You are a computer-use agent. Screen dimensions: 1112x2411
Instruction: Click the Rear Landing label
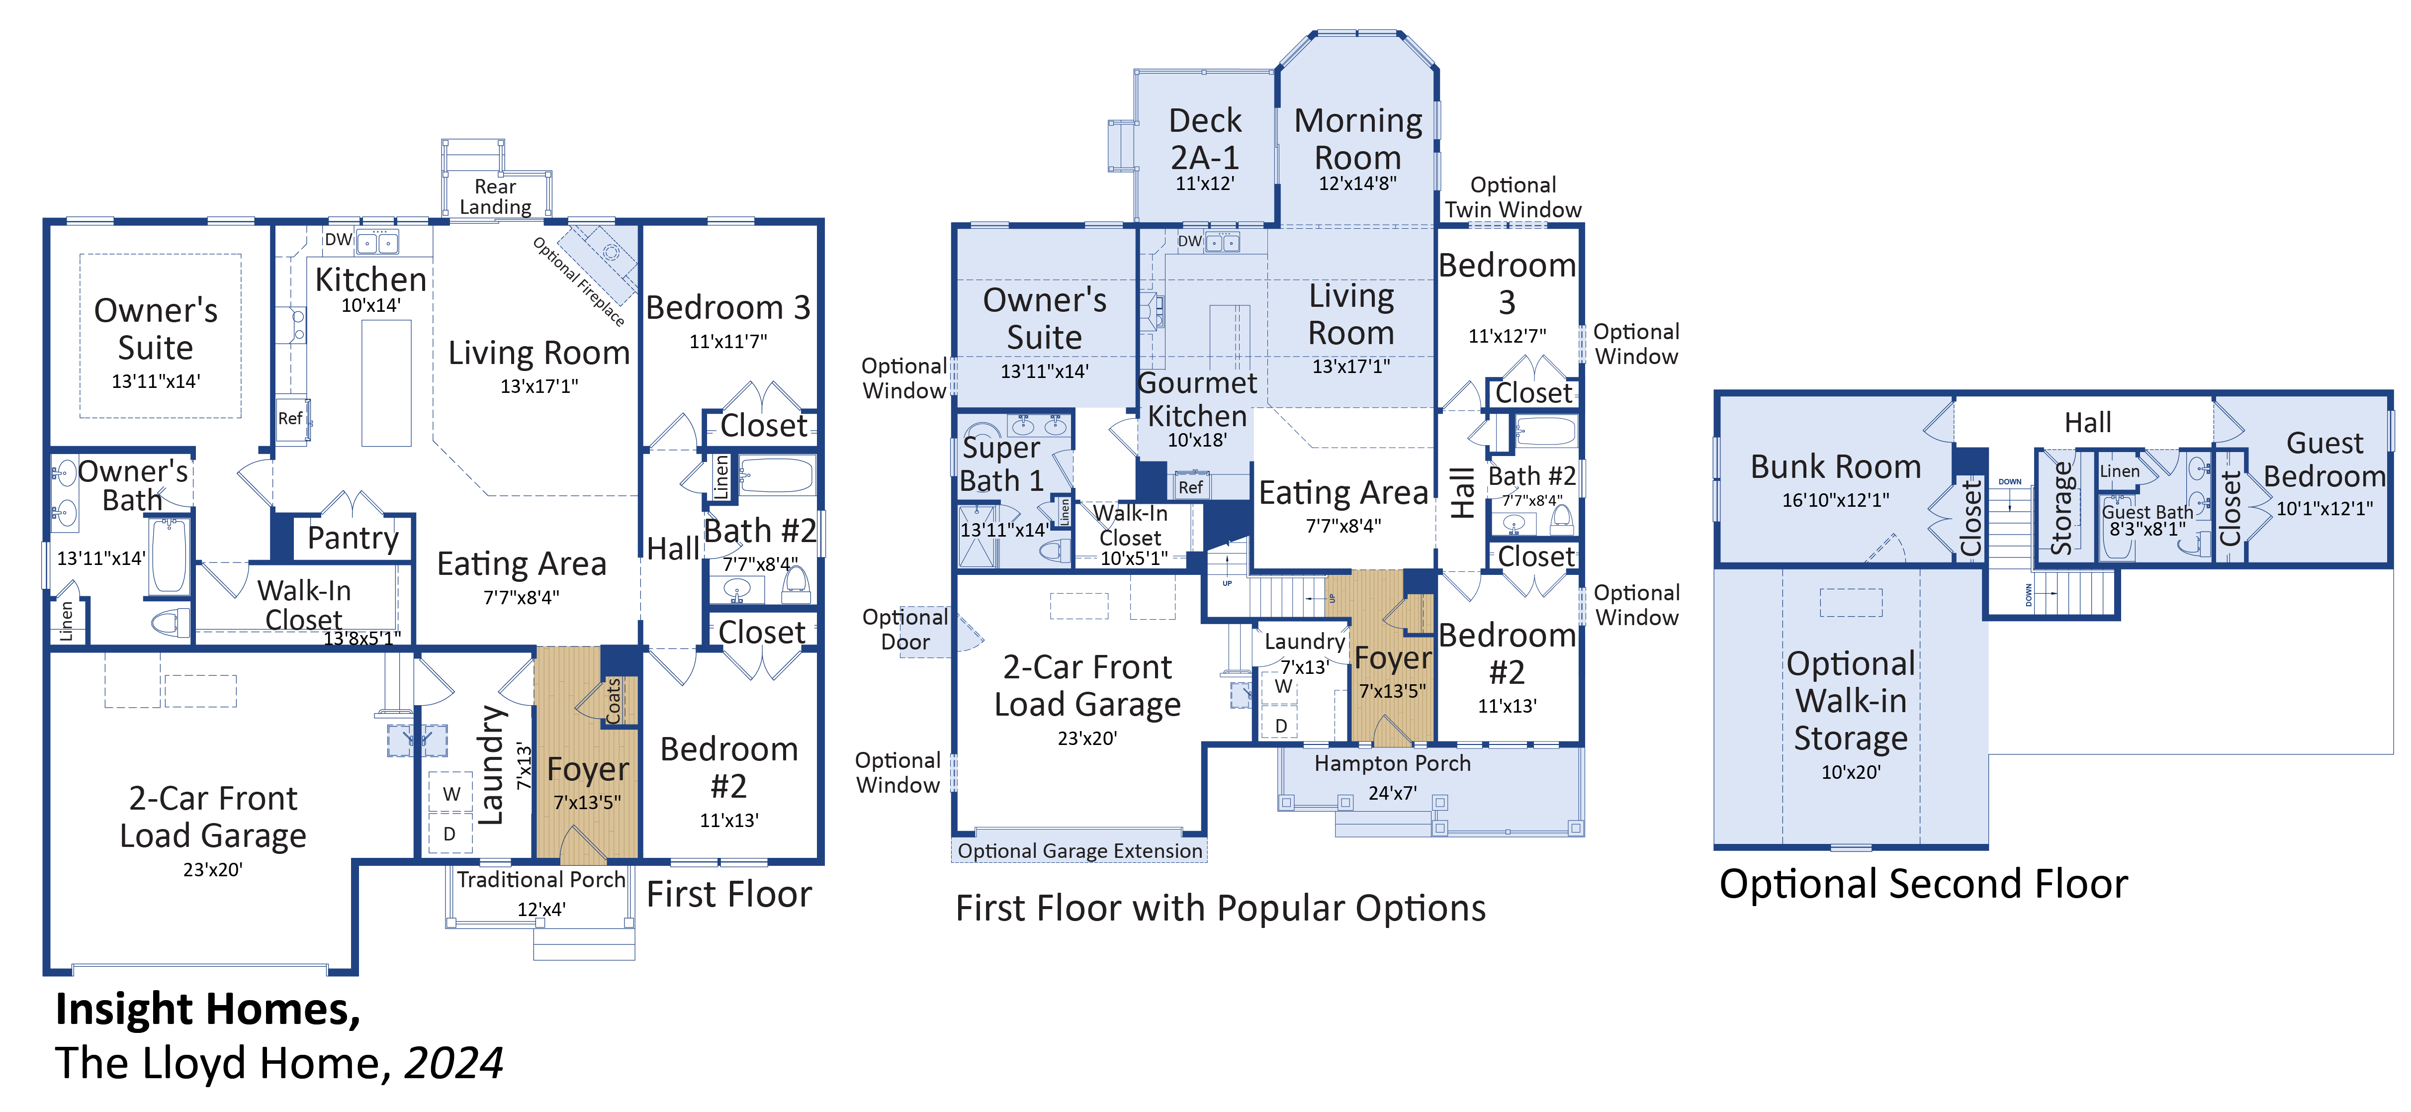point(495,196)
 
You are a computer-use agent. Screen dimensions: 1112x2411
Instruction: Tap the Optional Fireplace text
point(578,281)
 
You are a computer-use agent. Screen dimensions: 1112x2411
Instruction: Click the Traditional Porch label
point(541,880)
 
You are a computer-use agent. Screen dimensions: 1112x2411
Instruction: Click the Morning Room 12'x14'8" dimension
point(1357,184)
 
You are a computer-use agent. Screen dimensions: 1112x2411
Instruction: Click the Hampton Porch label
point(1392,764)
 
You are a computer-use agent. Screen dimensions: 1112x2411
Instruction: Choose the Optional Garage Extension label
point(1079,851)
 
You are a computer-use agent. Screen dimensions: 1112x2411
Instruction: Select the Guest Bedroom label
point(2324,460)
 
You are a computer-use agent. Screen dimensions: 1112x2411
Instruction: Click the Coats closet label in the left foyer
point(614,700)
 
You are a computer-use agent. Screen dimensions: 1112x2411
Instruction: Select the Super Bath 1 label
point(1000,464)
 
